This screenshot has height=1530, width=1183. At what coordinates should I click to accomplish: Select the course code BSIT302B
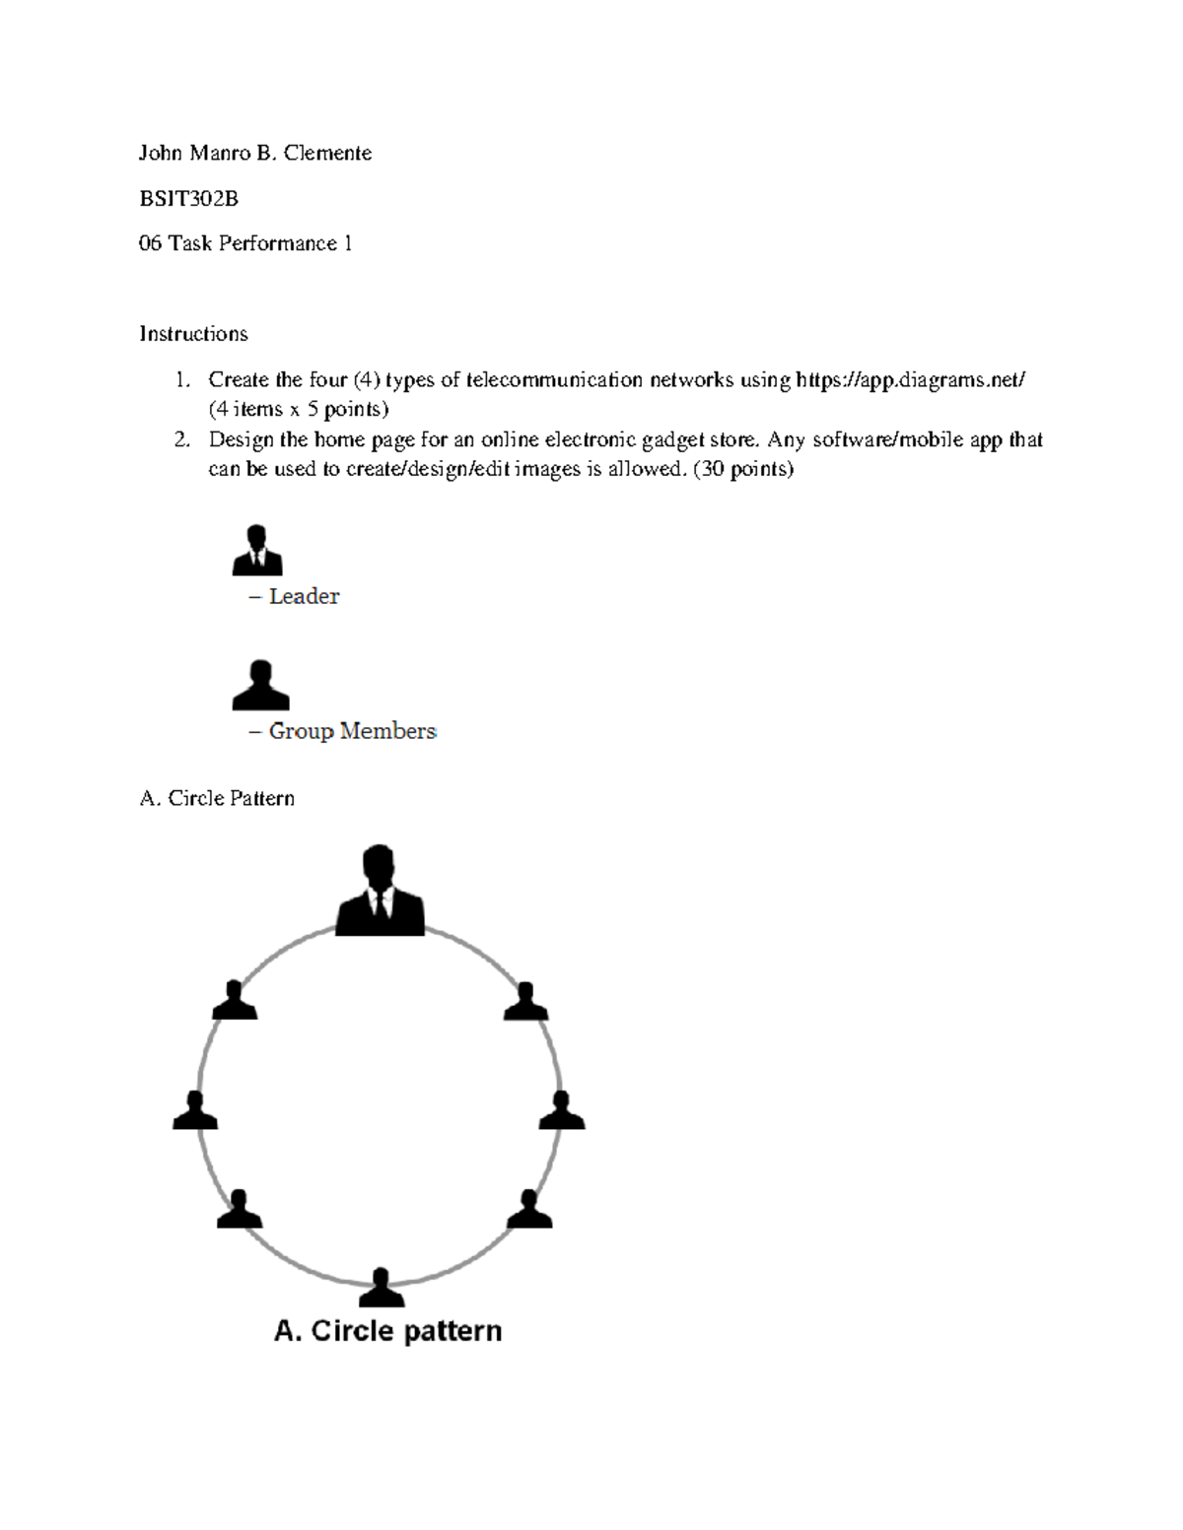tap(188, 198)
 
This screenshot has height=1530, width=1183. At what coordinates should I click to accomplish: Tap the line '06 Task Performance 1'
tap(245, 243)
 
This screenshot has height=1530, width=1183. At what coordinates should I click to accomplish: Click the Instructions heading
tap(193, 334)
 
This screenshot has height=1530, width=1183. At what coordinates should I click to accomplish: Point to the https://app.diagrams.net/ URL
tap(910, 379)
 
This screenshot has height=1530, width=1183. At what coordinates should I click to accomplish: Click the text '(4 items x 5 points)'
tap(298, 409)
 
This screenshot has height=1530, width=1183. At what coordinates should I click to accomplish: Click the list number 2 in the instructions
tap(181, 439)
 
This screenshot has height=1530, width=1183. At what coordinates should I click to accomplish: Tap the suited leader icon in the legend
tap(257, 551)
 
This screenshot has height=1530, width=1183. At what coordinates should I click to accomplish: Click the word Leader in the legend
tap(304, 596)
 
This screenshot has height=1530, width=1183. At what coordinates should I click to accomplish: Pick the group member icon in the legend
tap(260, 686)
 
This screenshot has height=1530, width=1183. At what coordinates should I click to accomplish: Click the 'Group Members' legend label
tap(352, 731)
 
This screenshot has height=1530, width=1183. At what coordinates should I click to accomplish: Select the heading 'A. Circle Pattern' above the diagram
tap(217, 798)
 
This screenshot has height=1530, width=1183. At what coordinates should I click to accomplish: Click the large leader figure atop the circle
tap(380, 891)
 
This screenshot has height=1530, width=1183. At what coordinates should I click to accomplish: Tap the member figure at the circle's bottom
tap(381, 1288)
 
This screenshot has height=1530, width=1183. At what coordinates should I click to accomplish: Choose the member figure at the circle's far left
tap(195, 1110)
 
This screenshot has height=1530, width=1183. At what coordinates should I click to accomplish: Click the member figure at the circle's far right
tap(562, 1110)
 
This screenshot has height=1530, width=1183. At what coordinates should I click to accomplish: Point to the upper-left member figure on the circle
tap(235, 1001)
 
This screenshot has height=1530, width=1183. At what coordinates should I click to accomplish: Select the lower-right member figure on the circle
tap(529, 1209)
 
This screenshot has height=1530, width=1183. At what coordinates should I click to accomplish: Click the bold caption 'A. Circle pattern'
tap(387, 1331)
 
